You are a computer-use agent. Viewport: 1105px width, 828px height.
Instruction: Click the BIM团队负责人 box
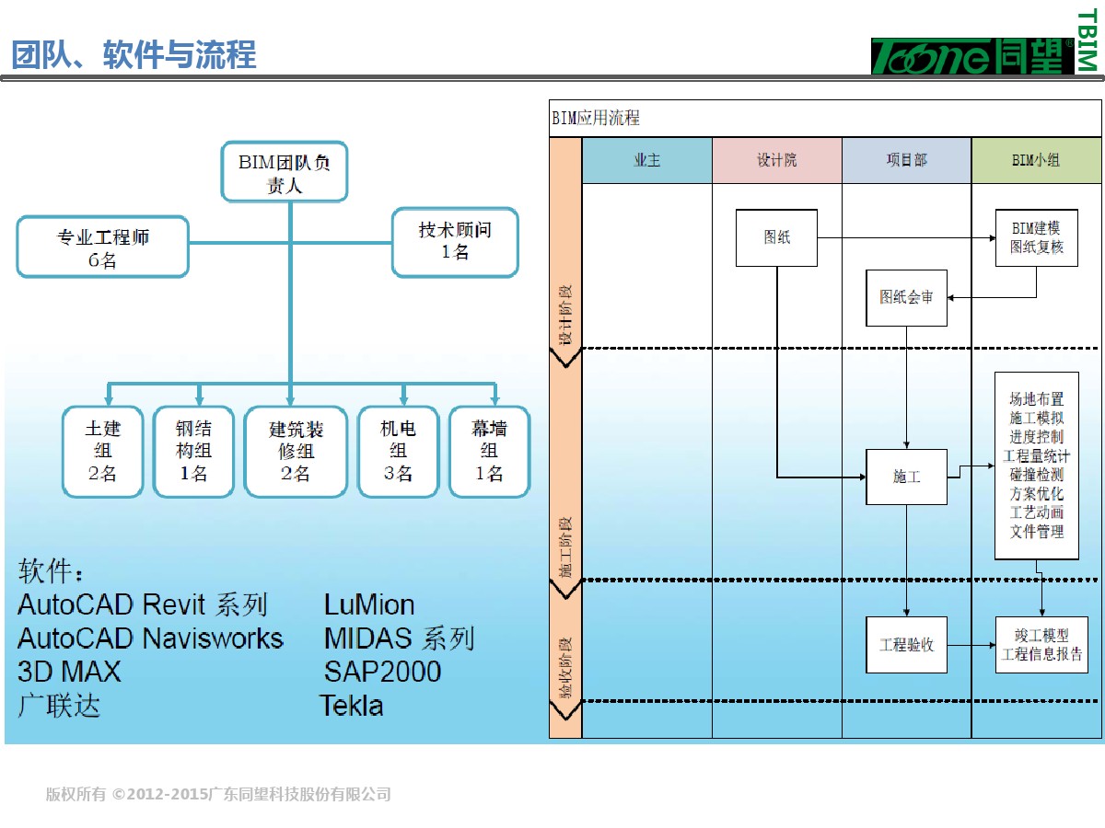[x=284, y=172]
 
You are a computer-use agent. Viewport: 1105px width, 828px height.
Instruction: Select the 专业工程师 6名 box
[x=102, y=247]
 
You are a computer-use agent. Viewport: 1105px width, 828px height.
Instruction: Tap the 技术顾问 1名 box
[x=455, y=241]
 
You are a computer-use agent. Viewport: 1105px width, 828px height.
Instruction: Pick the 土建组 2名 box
[x=102, y=452]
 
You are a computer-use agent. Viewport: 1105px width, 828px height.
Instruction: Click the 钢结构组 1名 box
[x=192, y=452]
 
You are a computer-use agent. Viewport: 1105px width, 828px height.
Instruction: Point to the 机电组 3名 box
[x=398, y=452]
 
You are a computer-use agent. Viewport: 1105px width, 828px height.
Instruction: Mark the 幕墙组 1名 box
[x=489, y=452]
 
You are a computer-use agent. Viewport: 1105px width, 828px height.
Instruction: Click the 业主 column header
[x=646, y=160]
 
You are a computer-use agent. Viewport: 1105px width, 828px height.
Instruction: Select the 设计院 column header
[x=776, y=160]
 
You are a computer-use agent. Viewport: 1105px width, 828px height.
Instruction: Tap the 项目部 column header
[x=906, y=160]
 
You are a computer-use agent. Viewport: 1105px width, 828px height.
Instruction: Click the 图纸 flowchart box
[x=776, y=238]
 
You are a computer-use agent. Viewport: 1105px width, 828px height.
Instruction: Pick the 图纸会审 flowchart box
[x=906, y=297]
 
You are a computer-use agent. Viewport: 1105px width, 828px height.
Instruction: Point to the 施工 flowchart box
[x=906, y=477]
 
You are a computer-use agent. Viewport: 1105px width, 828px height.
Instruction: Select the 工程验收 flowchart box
[x=906, y=645]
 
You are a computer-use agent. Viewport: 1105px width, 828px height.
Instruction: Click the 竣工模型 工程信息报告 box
[x=1041, y=645]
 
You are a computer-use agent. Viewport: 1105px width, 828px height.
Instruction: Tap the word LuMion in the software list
[x=369, y=604]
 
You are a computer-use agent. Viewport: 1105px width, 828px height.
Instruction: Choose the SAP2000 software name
[x=382, y=672]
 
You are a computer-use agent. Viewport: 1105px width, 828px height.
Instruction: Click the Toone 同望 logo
[x=972, y=56]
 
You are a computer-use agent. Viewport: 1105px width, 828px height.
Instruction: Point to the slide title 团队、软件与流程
[x=134, y=55]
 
